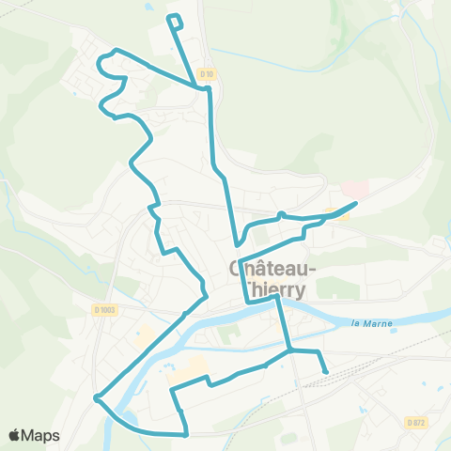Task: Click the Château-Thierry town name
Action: pos(273,278)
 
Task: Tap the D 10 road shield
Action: pos(208,73)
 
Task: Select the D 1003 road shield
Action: pos(104,309)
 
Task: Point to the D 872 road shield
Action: pos(417,423)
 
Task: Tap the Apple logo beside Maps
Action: pos(16,435)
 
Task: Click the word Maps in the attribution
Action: pos(41,435)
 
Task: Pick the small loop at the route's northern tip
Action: pos(175,21)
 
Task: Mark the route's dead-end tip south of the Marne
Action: pos(326,372)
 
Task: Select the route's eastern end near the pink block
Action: pos(356,203)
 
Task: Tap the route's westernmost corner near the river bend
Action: pos(96,399)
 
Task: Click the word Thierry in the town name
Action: pos(273,289)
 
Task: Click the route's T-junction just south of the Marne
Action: pos(290,350)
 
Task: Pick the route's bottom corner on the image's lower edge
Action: pos(185,434)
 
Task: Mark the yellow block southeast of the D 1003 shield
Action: pos(146,333)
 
